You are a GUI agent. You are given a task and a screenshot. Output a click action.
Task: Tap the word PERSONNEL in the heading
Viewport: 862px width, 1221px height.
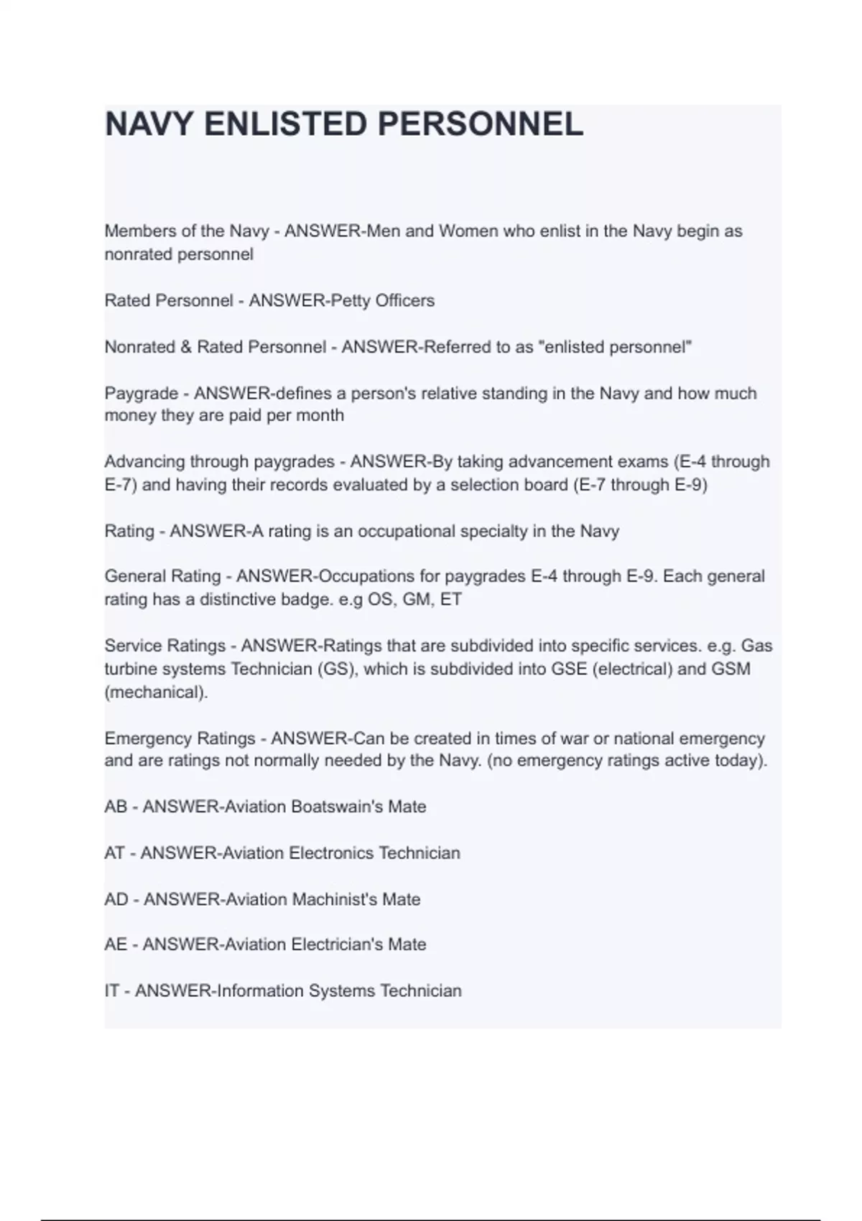[x=480, y=124]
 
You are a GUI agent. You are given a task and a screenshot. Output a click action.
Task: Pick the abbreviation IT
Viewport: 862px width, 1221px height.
[x=111, y=991]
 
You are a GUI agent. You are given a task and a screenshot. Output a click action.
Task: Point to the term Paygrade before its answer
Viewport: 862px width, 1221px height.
[x=142, y=394]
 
